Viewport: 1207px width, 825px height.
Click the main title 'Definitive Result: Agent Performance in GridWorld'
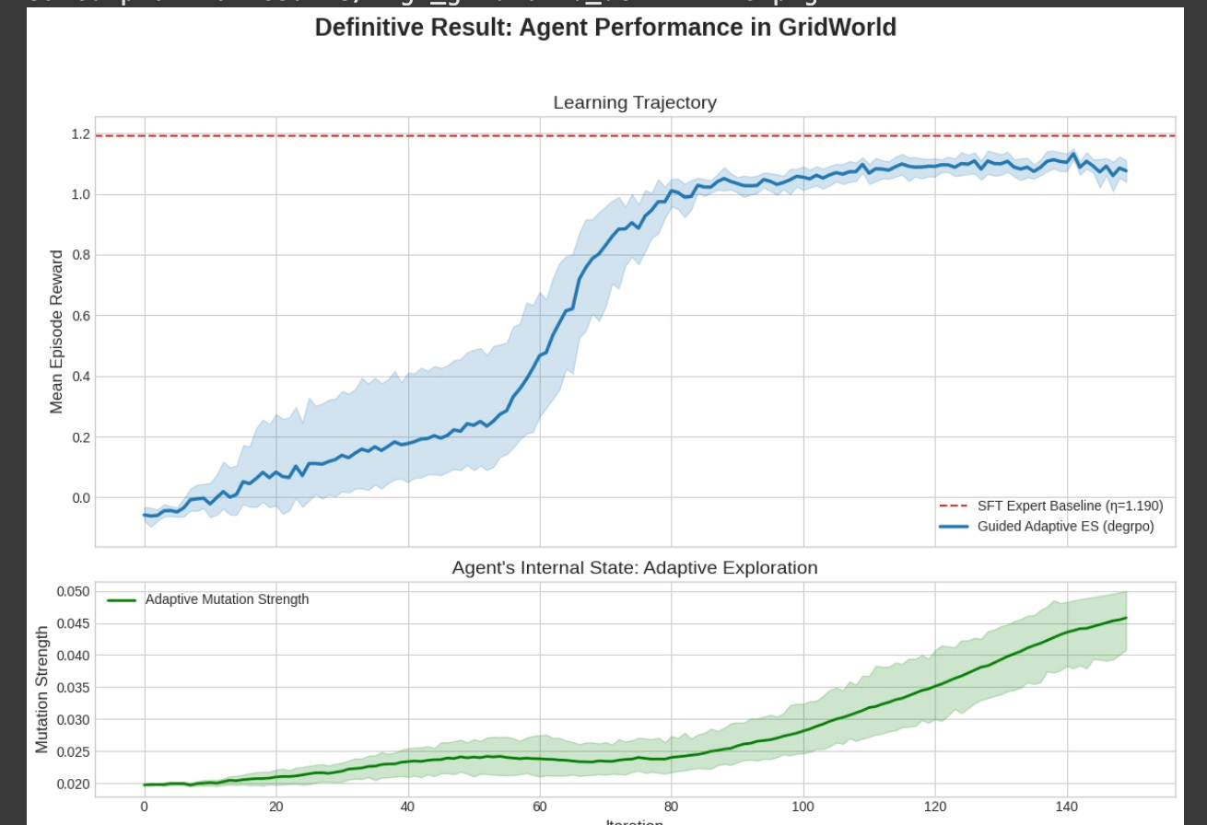(605, 28)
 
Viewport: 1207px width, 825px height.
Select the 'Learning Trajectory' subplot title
(634, 103)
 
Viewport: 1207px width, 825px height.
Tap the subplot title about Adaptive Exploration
(634, 568)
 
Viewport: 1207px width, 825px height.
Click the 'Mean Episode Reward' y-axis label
(57, 331)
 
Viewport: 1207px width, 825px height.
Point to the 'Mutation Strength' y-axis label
(42, 689)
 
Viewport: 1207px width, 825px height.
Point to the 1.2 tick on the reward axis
(80, 134)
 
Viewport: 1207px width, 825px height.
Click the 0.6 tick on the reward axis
(80, 316)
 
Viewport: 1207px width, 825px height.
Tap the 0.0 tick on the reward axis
(80, 498)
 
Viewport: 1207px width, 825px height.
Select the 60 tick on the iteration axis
(539, 807)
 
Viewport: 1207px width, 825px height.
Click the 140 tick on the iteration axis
(1066, 807)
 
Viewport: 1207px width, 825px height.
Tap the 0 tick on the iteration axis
(144, 807)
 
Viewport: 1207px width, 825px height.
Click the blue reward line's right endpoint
(1126, 171)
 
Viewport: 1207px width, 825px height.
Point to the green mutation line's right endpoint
(1126, 618)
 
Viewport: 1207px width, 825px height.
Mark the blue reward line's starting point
(145, 515)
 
